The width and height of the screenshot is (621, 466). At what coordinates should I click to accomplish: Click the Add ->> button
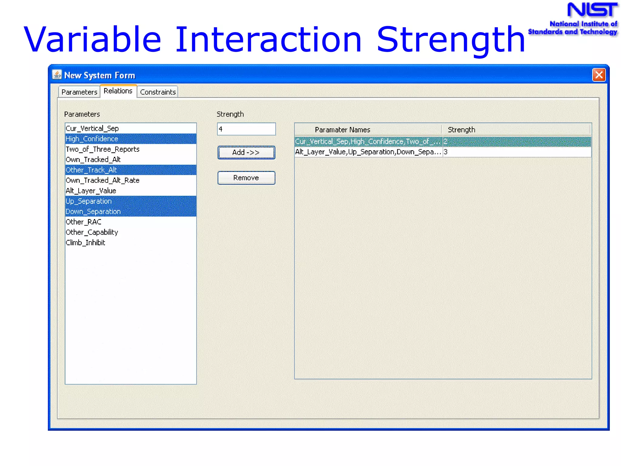tap(246, 152)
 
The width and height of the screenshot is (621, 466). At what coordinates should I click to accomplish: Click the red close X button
tap(599, 75)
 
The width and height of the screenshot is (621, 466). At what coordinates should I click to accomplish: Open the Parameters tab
tap(79, 92)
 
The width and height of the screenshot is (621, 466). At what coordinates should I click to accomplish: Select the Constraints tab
tap(158, 92)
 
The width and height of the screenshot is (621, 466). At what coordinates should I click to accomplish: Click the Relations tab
tap(118, 91)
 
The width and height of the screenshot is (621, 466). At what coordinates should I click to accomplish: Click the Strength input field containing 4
tap(246, 129)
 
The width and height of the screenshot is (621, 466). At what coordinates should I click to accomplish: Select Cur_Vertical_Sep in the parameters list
tap(92, 128)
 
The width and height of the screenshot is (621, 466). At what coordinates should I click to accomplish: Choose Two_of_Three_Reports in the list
tap(102, 149)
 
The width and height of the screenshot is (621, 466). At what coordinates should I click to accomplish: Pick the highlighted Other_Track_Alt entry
tap(91, 170)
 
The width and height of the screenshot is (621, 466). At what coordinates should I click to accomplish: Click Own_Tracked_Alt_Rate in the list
tap(102, 180)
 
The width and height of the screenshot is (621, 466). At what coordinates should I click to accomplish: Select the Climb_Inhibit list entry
tap(85, 243)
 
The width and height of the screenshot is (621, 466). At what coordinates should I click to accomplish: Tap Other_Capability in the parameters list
tap(92, 232)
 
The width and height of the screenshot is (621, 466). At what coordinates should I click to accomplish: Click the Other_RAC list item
tap(83, 222)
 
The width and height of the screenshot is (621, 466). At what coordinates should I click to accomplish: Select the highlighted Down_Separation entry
tap(93, 211)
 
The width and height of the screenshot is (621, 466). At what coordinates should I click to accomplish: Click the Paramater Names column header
tap(342, 130)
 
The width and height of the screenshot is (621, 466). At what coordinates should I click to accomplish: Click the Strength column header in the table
tap(461, 130)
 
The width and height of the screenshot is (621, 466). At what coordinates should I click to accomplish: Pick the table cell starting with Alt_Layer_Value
tap(368, 152)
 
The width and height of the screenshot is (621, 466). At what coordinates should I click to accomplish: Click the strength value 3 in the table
tap(445, 152)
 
